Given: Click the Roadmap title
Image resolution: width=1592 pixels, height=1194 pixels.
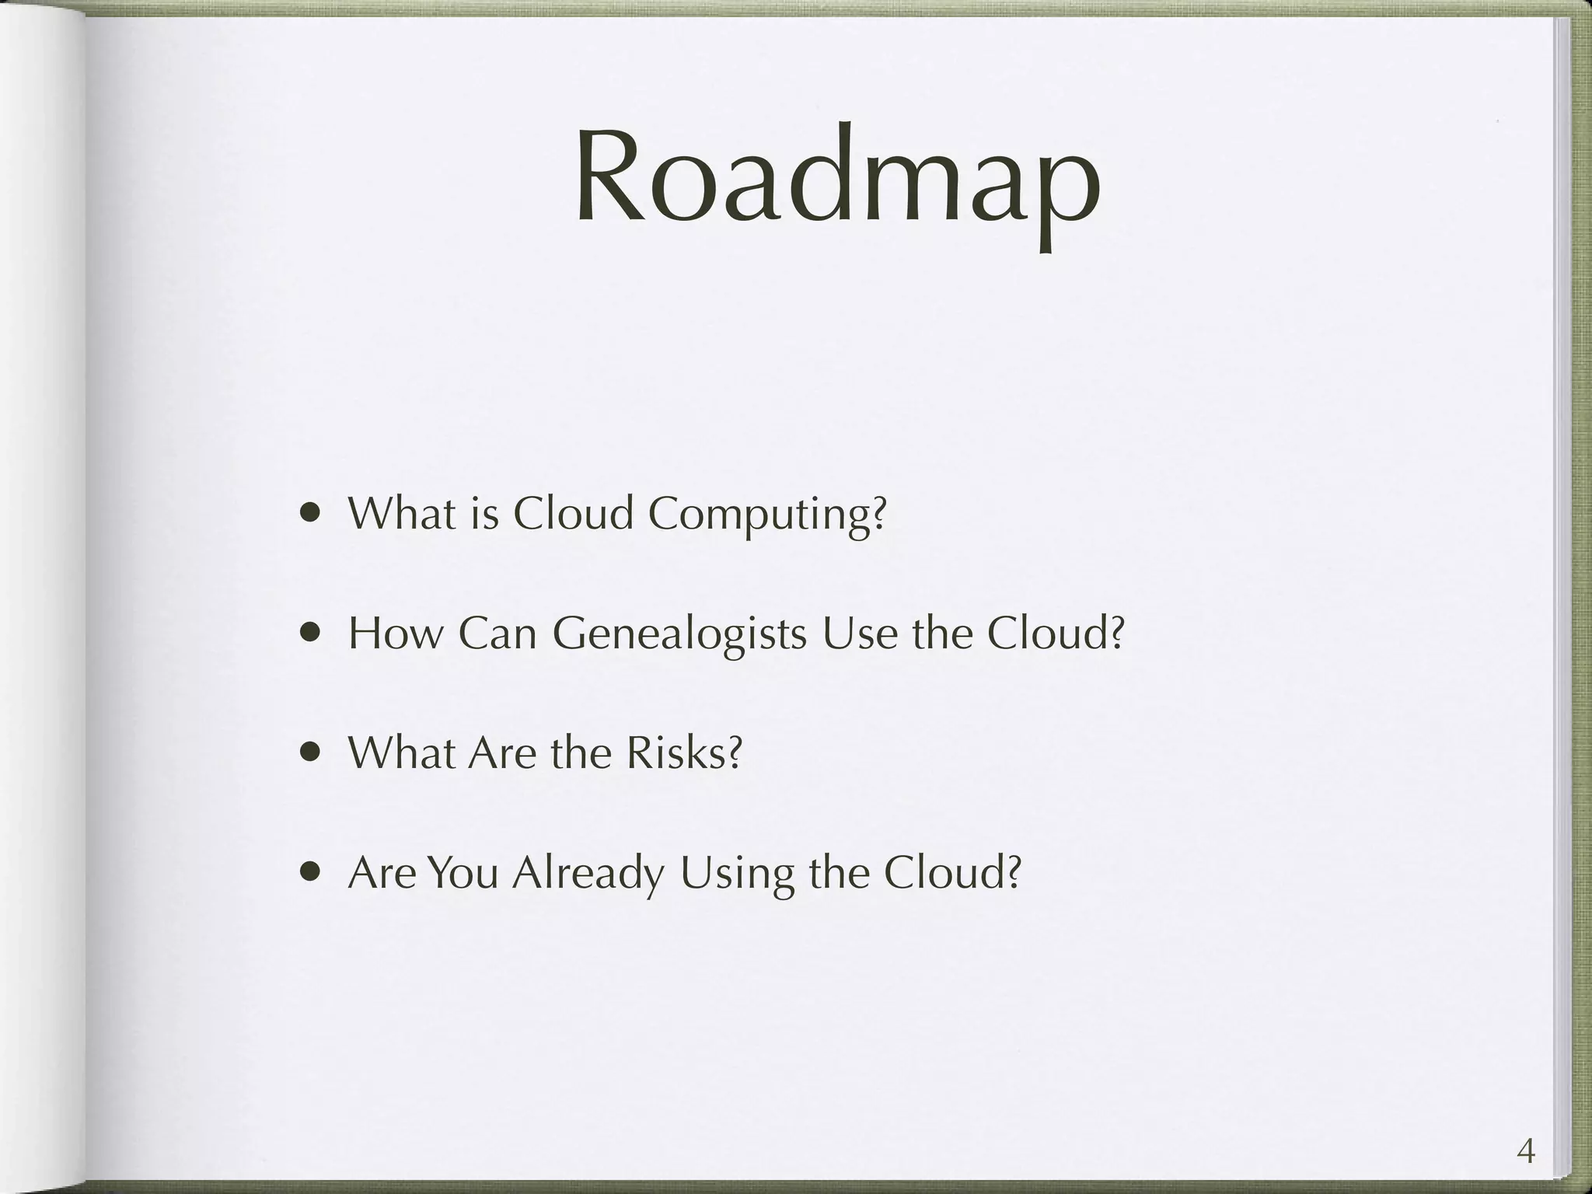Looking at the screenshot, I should point(837,183).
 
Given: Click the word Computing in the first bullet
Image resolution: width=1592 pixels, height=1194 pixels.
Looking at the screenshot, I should point(766,514).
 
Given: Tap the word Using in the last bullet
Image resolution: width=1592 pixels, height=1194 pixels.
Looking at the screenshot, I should point(736,873).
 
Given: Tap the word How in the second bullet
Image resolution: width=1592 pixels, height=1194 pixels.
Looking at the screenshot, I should point(394,634).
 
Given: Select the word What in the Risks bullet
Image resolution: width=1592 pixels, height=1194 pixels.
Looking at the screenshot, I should point(400,752).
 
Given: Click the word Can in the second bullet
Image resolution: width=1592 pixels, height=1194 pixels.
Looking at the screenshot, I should point(497,634).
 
